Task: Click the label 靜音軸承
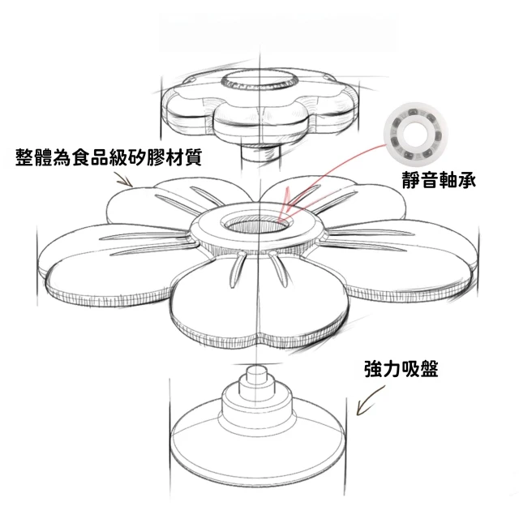[439, 180]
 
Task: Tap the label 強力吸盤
[401, 369]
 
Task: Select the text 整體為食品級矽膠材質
[109, 157]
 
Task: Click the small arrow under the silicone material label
[124, 178]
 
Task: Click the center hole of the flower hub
[258, 225]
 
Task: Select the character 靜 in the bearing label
[411, 180]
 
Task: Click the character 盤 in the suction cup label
[429, 369]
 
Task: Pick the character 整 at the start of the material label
[24, 157]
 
